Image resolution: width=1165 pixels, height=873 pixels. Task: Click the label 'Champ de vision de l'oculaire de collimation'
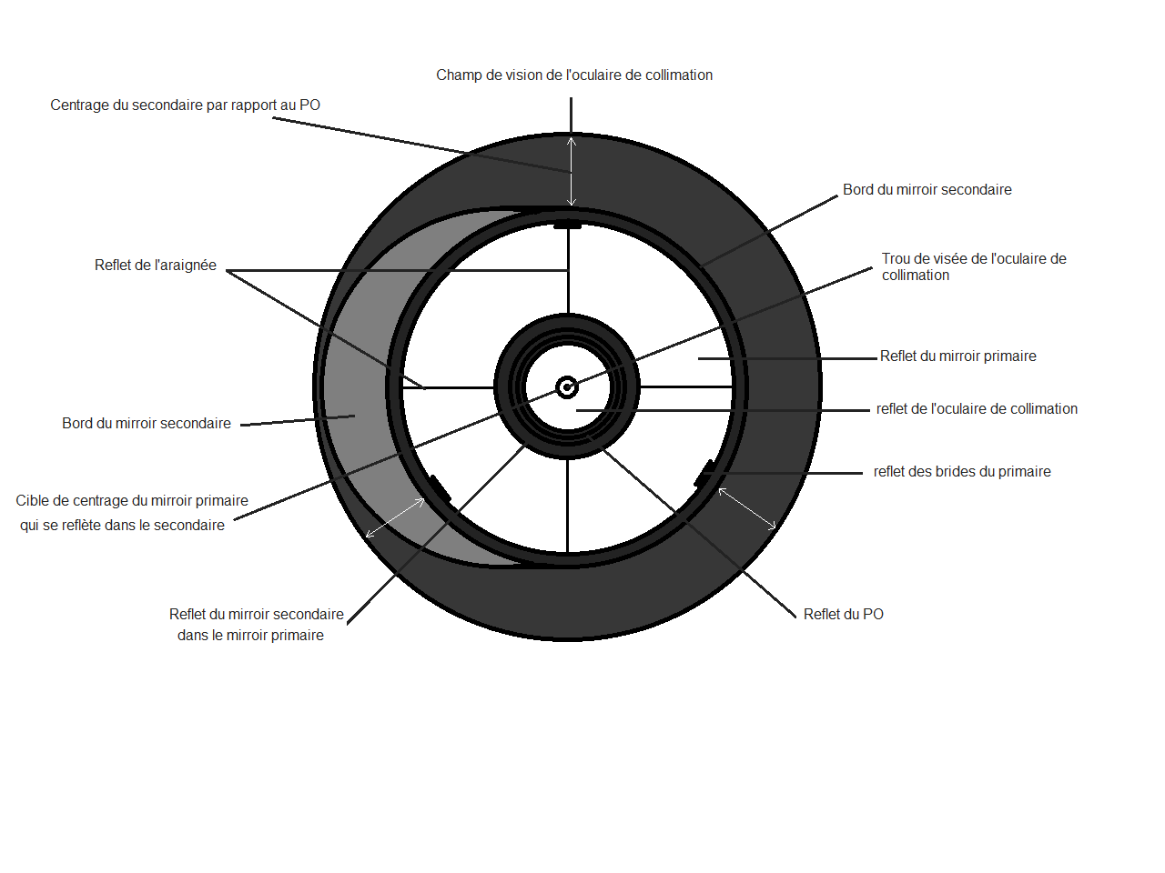coord(573,75)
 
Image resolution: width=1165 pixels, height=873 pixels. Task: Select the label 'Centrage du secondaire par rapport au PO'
coord(185,105)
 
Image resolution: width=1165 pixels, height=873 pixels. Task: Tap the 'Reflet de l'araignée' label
coord(156,266)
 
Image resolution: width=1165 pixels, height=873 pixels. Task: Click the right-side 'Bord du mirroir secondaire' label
coord(927,190)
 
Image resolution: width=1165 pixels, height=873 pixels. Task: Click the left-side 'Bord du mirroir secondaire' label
coord(147,424)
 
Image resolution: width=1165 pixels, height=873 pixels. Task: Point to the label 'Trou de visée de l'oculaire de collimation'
coord(973,267)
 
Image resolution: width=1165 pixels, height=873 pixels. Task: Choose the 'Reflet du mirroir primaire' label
coord(957,356)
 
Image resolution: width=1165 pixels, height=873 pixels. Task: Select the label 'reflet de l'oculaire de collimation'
coord(977,409)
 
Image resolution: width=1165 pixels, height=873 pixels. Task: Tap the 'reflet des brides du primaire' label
coord(962,472)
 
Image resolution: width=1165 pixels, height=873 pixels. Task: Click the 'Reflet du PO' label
coord(843,615)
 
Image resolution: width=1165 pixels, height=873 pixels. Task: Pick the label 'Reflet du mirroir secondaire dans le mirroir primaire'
coord(256,625)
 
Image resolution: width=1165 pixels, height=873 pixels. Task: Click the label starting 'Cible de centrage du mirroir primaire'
coord(131,513)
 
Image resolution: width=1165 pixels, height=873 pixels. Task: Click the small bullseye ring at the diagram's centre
coord(567,387)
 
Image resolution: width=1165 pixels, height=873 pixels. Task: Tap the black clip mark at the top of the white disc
coord(567,224)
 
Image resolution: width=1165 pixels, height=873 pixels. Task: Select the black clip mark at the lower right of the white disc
coord(704,473)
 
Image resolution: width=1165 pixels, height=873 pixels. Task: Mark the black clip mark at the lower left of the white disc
coord(440,488)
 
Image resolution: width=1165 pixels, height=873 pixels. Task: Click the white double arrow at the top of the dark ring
coord(572,171)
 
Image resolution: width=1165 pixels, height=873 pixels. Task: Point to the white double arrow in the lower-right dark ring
coord(747,509)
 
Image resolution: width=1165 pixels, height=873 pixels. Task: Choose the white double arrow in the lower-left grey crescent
coord(395,518)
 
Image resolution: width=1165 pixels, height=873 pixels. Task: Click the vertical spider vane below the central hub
coord(567,505)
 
